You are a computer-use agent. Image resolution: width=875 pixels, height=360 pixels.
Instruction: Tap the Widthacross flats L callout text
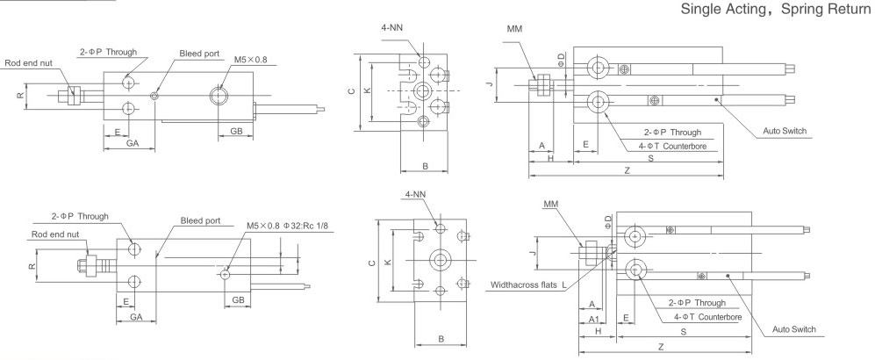click(x=529, y=285)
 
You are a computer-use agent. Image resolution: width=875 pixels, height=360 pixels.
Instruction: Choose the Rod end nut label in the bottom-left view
click(x=55, y=234)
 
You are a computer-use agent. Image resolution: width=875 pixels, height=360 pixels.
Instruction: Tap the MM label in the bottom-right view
click(x=550, y=204)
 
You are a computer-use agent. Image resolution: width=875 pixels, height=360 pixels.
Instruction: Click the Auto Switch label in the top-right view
click(x=785, y=132)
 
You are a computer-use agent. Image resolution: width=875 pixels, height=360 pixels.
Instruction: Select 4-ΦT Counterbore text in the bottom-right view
click(x=699, y=316)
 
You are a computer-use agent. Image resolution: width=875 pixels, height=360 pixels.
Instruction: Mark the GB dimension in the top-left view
click(x=236, y=131)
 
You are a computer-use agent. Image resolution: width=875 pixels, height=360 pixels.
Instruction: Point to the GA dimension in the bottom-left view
click(x=136, y=316)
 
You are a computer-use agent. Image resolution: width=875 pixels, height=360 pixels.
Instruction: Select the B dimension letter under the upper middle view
click(x=424, y=165)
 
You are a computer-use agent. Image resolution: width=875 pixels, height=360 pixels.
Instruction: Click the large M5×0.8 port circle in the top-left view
click(x=217, y=95)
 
